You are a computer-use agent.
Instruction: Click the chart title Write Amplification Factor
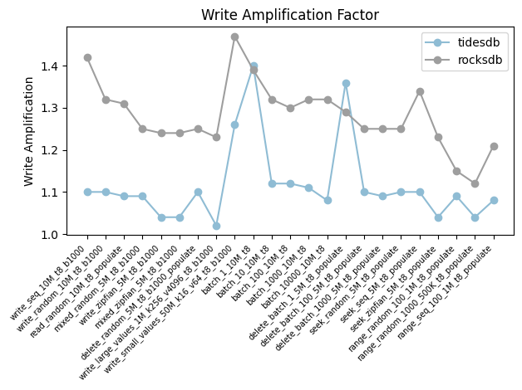[284, 15]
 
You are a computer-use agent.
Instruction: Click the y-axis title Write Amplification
[30, 131]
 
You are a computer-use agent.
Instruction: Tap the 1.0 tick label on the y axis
[52, 235]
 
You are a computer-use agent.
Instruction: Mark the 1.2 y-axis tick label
[52, 150]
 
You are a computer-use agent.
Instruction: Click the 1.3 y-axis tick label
[52, 108]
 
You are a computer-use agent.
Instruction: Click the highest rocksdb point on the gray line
[235, 37]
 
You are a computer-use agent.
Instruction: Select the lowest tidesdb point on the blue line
[216, 226]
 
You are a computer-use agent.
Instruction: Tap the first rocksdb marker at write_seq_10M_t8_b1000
[87, 57]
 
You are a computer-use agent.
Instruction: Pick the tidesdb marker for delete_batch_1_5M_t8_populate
[346, 83]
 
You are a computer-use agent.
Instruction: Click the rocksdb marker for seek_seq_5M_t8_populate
[420, 91]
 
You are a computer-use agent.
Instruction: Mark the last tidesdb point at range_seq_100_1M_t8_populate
[494, 200]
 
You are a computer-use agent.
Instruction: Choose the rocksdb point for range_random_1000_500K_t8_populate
[475, 183]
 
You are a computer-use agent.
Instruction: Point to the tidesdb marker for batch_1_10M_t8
[254, 66]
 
